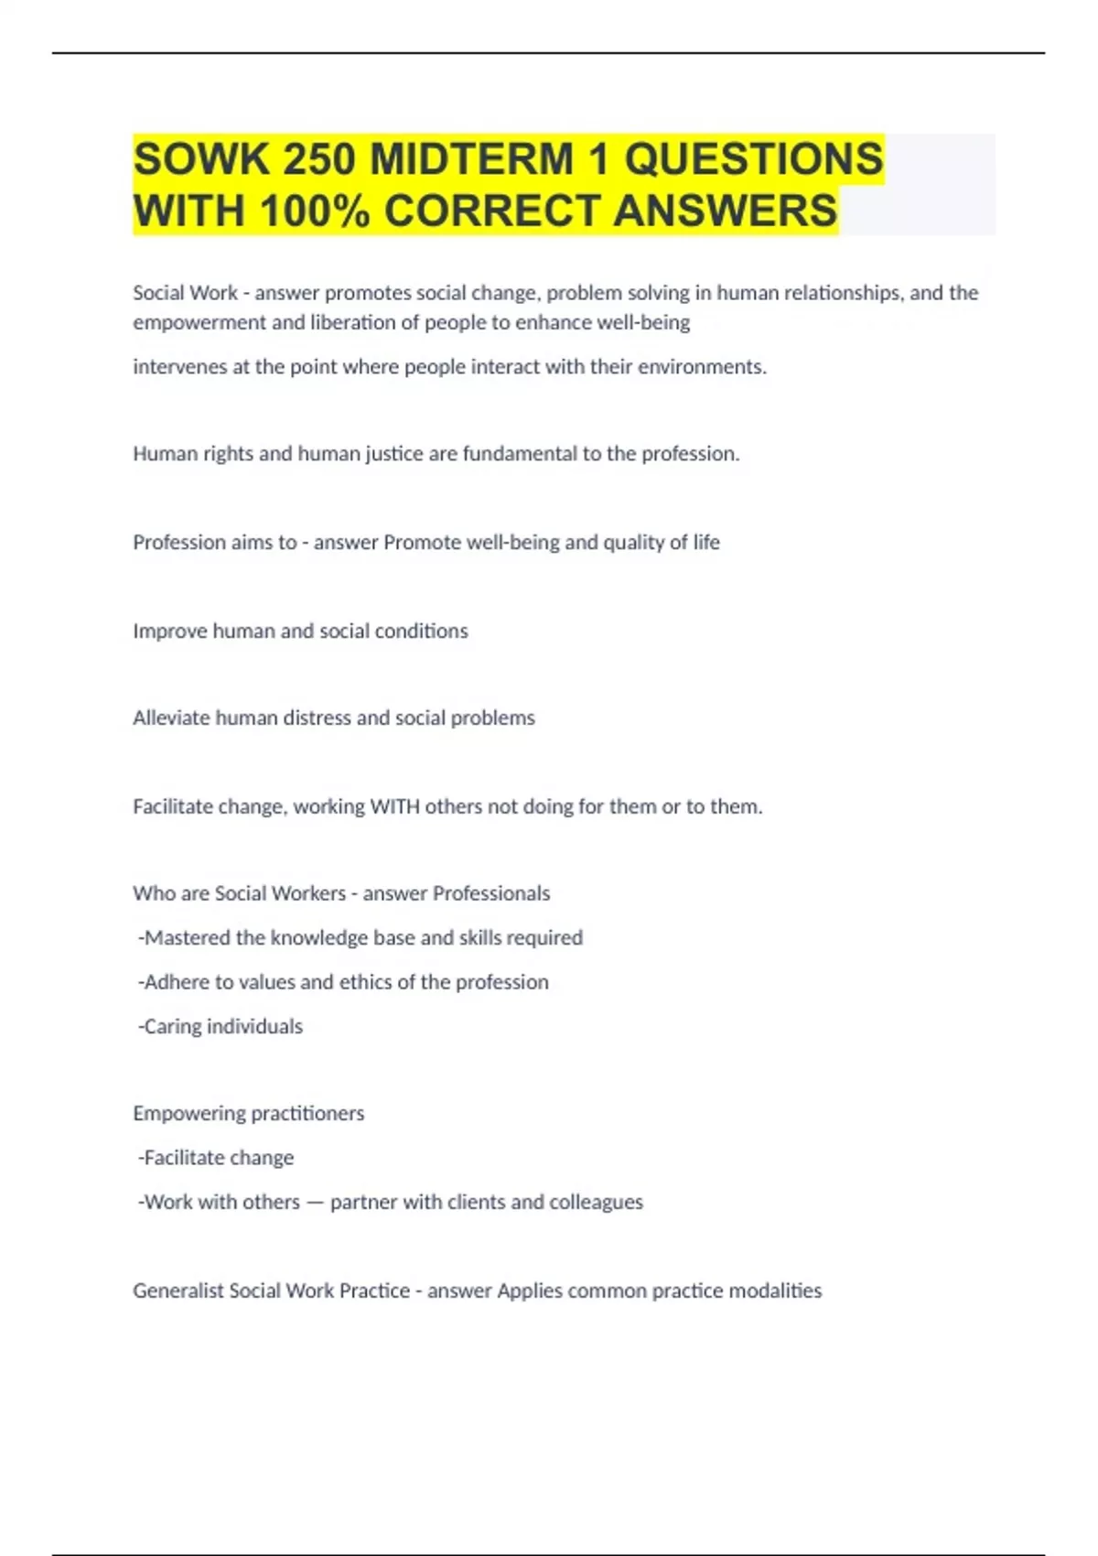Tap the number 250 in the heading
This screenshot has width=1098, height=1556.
point(319,159)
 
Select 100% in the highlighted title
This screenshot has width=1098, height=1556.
point(315,211)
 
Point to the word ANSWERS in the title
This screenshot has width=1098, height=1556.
point(725,211)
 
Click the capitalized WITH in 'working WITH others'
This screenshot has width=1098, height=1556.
point(393,806)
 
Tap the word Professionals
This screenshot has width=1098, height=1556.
point(491,893)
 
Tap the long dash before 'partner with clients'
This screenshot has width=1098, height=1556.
point(315,1203)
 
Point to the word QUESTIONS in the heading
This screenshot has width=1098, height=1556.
point(753,159)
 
